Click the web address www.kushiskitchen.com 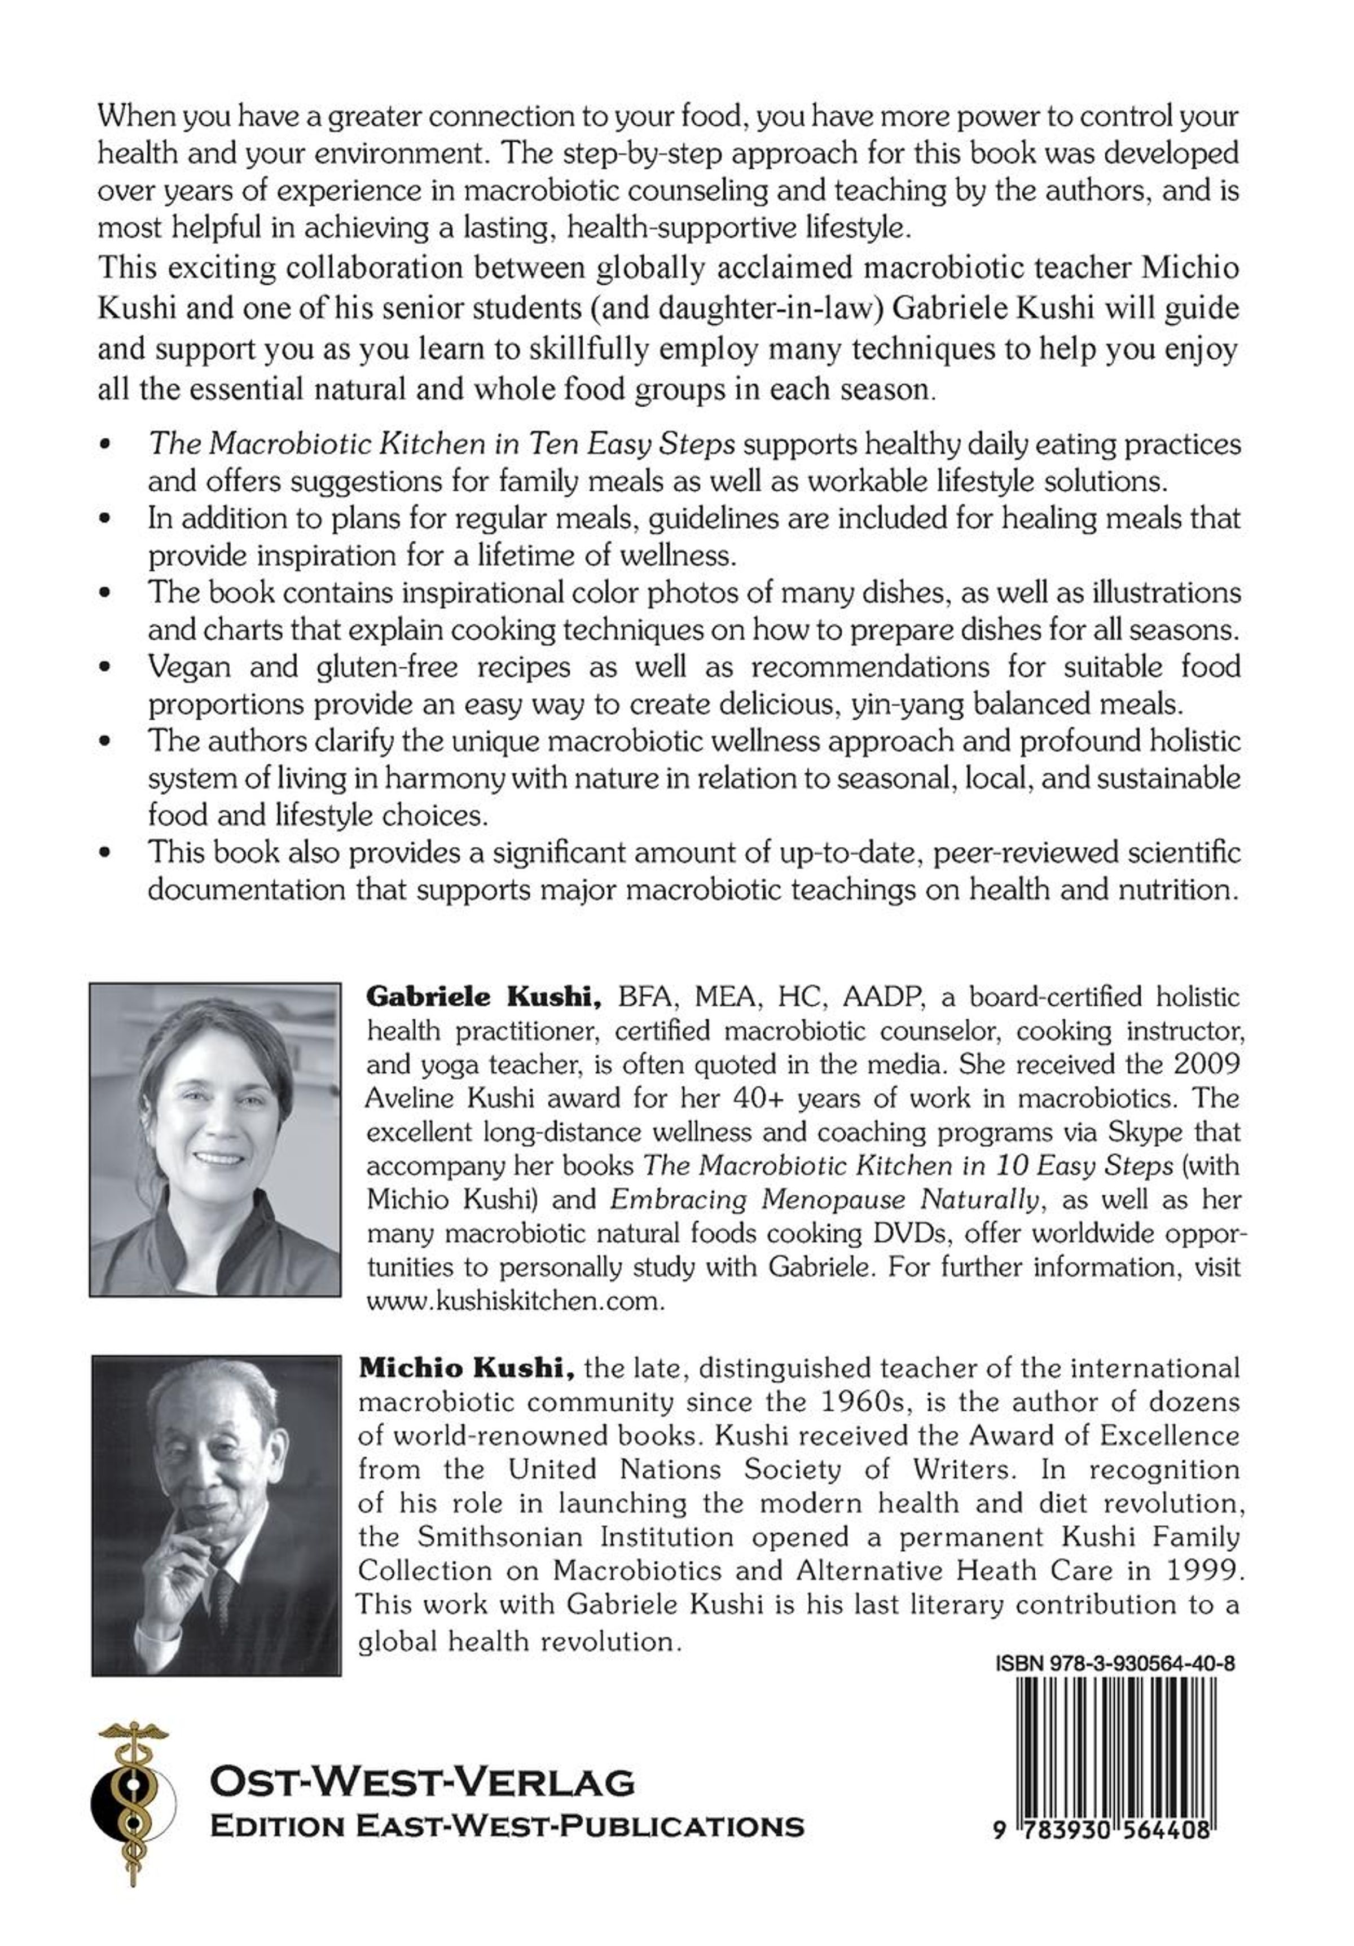pyautogui.click(x=515, y=1302)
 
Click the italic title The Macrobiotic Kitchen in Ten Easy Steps pyautogui.click(x=441, y=444)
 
